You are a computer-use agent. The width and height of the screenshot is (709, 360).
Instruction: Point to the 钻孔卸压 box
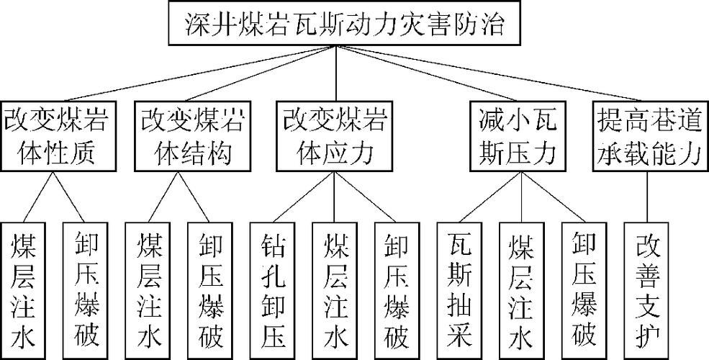tap(273, 290)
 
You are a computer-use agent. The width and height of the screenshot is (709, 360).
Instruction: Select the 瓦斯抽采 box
tap(459, 290)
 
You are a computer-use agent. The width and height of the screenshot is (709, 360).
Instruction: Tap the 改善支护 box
tap(646, 290)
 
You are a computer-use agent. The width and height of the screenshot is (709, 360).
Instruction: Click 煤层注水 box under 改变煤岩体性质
tap(23, 290)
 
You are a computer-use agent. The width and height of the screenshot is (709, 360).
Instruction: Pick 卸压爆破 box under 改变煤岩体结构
tap(210, 290)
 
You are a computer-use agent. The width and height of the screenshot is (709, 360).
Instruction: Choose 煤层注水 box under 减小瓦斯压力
tap(522, 290)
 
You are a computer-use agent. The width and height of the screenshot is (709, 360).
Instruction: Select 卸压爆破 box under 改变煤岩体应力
tap(397, 290)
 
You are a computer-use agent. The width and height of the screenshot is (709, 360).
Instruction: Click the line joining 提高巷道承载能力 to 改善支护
tap(646, 197)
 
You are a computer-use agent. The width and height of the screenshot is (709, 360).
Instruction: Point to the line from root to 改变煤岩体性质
tap(200, 73)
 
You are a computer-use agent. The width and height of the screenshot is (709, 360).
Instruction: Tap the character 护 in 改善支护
tap(646, 337)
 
